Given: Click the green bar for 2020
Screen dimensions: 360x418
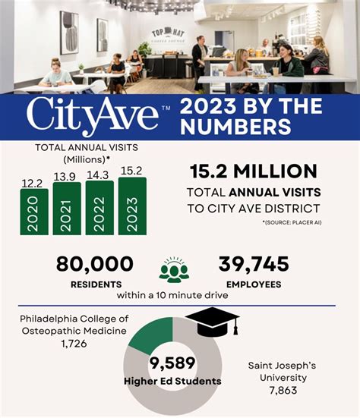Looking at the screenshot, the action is (x=33, y=212).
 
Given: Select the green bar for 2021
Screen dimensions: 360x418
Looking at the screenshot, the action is (x=67, y=207).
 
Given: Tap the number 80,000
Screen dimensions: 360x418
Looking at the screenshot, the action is (x=95, y=264).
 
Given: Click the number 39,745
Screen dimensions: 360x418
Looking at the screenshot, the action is (x=253, y=264).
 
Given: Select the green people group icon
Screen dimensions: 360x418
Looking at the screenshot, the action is (x=174, y=270).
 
